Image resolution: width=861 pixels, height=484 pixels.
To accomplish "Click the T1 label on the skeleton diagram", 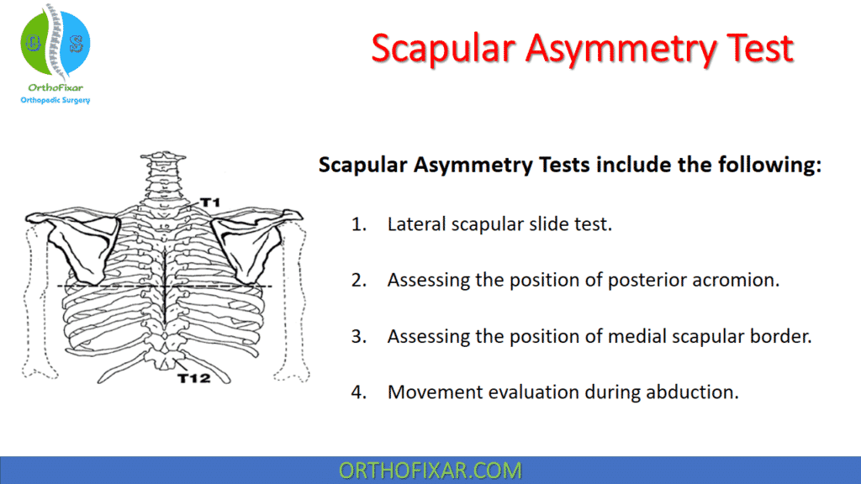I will click(209, 203).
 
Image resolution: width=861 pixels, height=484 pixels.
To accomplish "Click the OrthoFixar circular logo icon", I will click(55, 43).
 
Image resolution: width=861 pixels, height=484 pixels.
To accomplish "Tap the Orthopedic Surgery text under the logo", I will click(55, 100).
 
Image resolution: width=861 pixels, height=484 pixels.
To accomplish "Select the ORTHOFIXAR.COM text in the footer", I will click(430, 470).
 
